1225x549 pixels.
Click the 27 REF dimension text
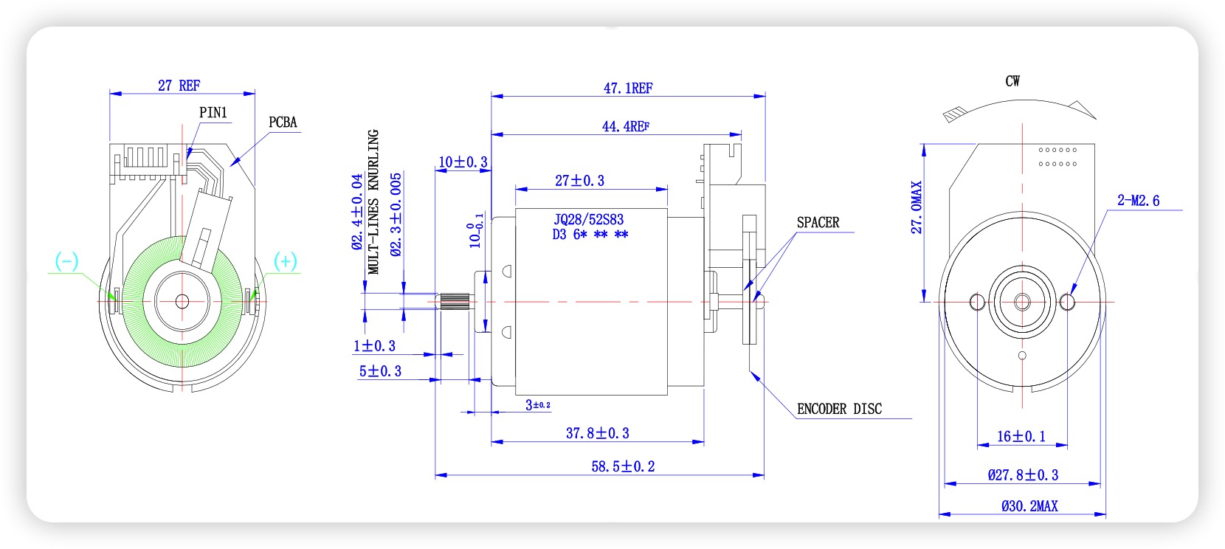(179, 86)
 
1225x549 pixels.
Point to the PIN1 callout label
(213, 113)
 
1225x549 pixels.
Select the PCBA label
(283, 122)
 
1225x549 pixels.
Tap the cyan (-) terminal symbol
(66, 260)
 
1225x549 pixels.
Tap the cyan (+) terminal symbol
(286, 260)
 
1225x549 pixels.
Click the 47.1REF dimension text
(628, 89)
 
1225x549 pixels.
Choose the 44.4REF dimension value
(626, 127)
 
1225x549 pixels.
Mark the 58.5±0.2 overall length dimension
(623, 466)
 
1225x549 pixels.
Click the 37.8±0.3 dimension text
(597, 434)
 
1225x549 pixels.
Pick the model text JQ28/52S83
(588, 220)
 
